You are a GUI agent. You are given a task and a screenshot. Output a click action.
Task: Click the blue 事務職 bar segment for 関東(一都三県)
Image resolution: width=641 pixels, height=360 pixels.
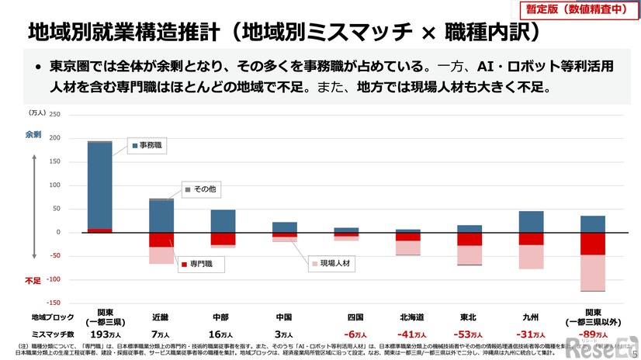(x=99, y=185)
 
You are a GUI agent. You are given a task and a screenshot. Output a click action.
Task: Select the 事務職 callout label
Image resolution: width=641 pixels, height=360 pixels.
(x=147, y=145)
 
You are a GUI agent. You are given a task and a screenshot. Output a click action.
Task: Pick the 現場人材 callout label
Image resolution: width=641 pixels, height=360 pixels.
(x=327, y=263)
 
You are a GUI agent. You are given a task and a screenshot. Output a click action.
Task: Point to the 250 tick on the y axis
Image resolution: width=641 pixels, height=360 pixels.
(x=54, y=115)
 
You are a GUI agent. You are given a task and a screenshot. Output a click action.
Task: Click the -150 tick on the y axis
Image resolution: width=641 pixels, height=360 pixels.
(x=53, y=303)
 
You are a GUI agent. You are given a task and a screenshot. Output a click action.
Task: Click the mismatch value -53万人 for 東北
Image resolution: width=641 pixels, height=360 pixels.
(x=469, y=334)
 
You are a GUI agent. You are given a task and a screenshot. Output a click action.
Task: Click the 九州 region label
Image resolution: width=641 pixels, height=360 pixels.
(x=531, y=317)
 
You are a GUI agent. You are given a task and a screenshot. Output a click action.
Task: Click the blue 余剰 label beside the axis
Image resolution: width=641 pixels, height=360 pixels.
(x=33, y=134)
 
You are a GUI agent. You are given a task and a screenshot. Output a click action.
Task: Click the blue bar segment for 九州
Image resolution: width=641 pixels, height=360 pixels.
(x=531, y=222)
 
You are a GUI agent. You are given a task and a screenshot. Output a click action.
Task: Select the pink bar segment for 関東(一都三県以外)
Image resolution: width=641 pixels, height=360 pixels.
(x=592, y=272)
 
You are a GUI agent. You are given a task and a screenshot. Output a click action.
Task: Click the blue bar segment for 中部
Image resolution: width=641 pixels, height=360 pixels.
(x=223, y=221)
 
